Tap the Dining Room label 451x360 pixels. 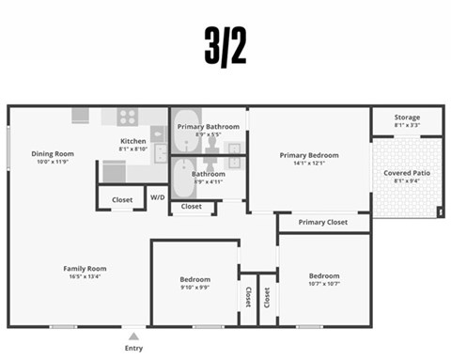point(53,153)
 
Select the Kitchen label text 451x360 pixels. point(132,141)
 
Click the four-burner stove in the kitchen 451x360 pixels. point(127,117)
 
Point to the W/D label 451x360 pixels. point(158,198)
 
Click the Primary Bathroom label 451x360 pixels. point(208,126)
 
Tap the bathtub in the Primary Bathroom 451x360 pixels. point(182,137)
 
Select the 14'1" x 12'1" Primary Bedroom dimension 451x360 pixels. point(309,164)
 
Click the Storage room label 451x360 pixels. point(407,117)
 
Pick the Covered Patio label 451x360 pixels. point(407,173)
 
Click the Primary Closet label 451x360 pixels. point(323,223)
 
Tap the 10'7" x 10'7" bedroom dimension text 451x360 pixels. point(323,284)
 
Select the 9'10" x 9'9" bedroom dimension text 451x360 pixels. point(195,288)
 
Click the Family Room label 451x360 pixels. point(85,268)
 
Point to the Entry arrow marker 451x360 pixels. point(133,336)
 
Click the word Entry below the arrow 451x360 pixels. point(133,349)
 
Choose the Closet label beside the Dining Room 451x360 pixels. point(122,199)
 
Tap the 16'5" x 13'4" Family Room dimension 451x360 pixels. point(85,276)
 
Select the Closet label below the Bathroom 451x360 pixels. point(191,206)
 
